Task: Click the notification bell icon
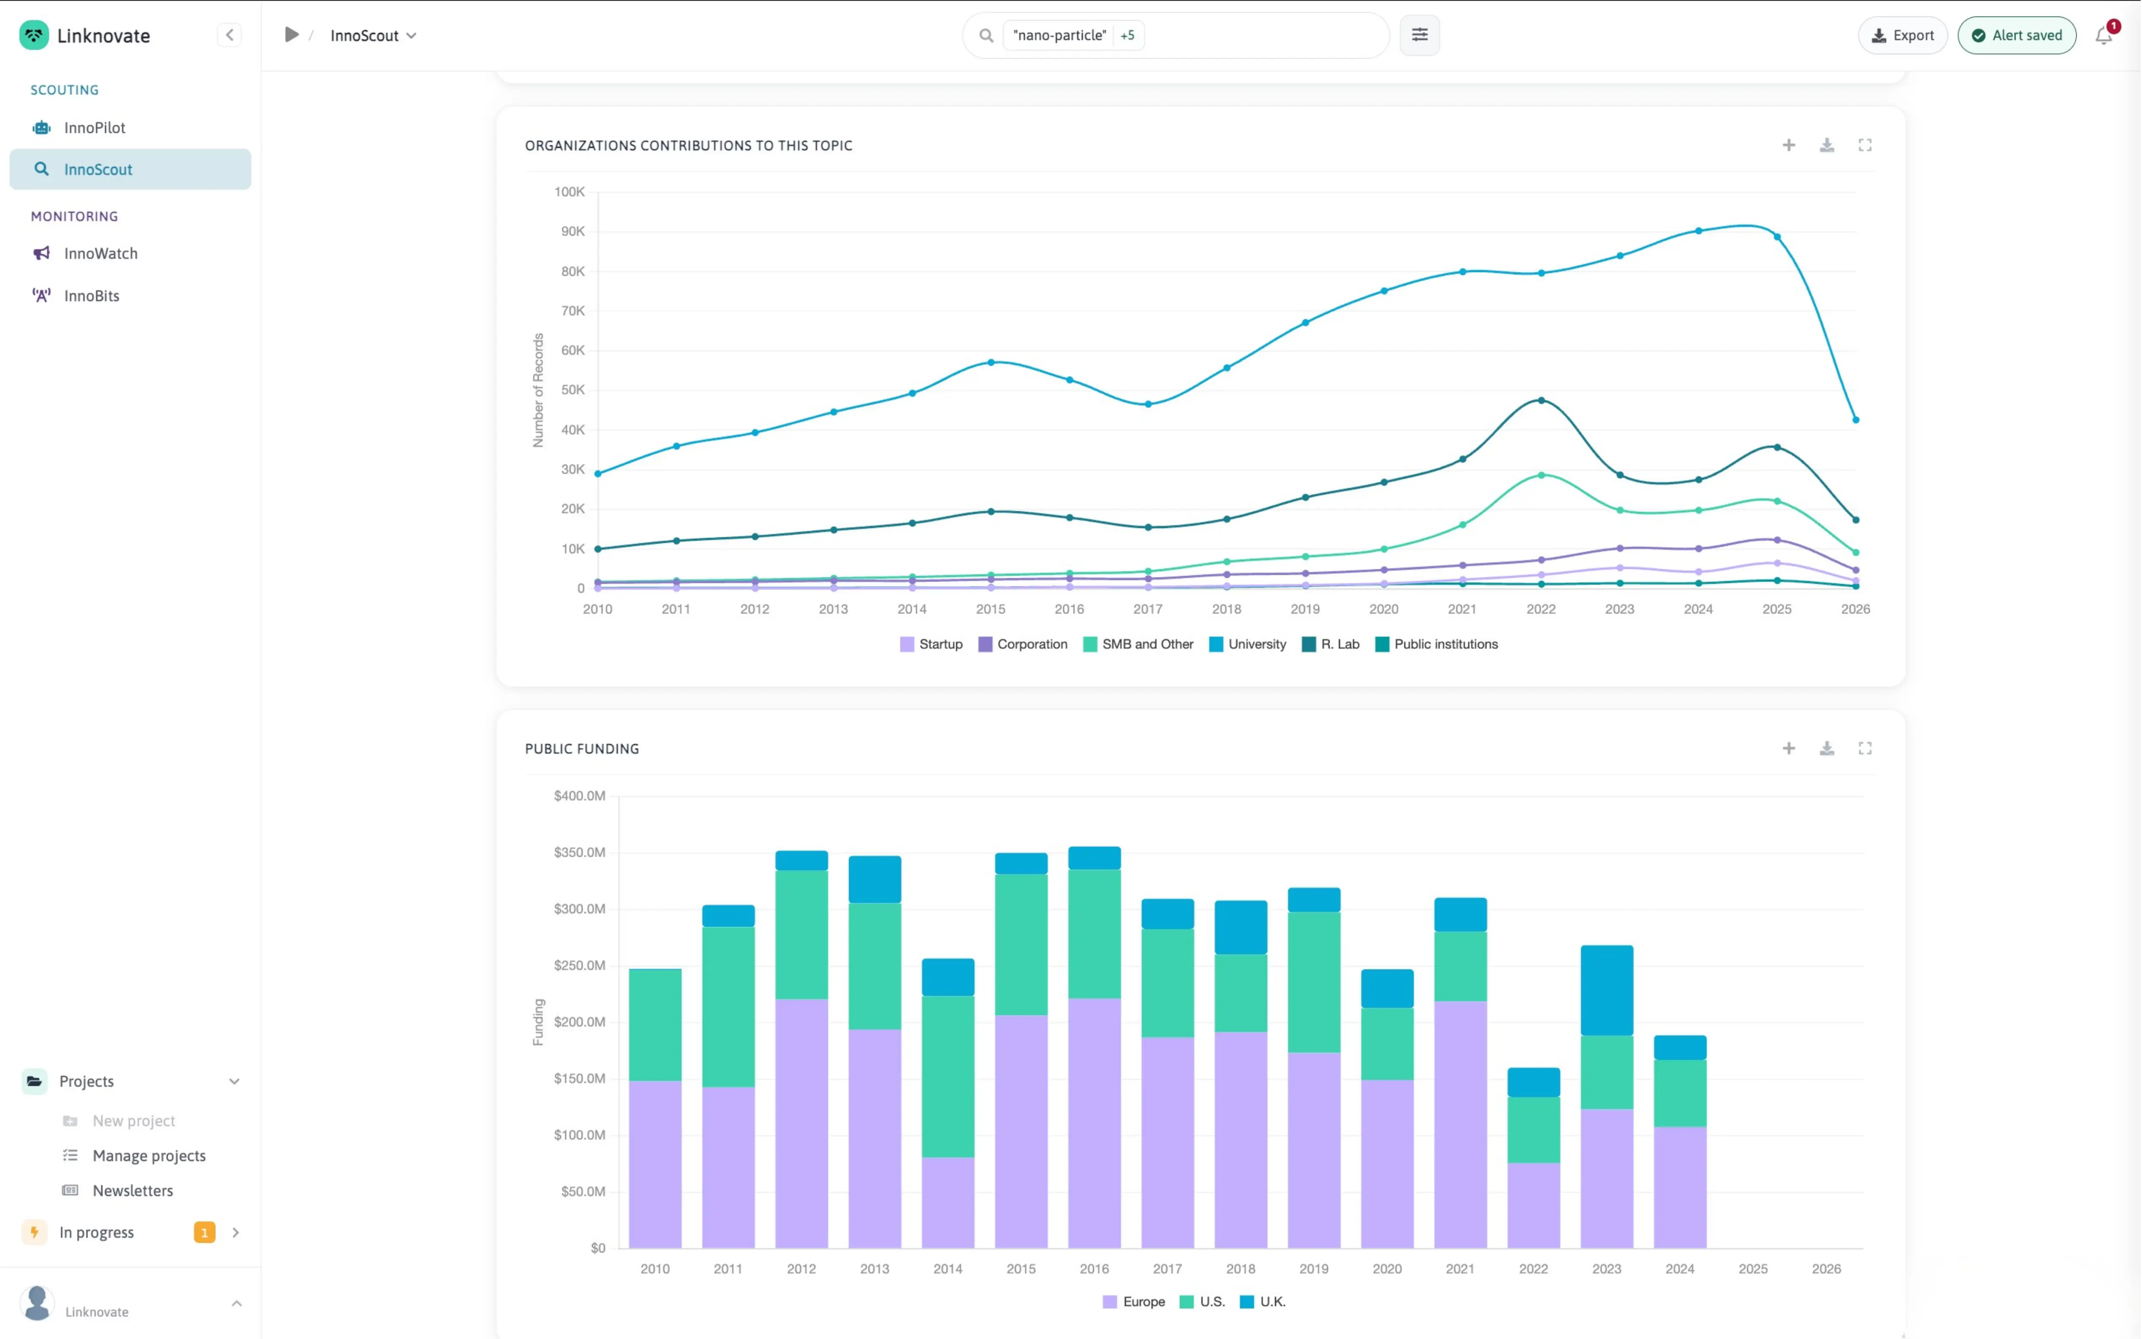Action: click(x=2104, y=35)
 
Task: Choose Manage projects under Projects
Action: click(x=149, y=1156)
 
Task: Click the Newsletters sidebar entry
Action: click(x=133, y=1190)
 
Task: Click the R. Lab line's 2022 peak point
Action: click(x=1541, y=400)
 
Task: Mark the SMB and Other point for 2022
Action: click(x=1541, y=476)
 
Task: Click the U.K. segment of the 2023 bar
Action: click(x=1607, y=990)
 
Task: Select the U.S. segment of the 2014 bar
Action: click(x=948, y=1076)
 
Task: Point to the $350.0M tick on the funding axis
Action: click(x=580, y=852)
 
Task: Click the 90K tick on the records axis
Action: click(x=572, y=231)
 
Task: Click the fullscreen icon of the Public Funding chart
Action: click(x=1865, y=748)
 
